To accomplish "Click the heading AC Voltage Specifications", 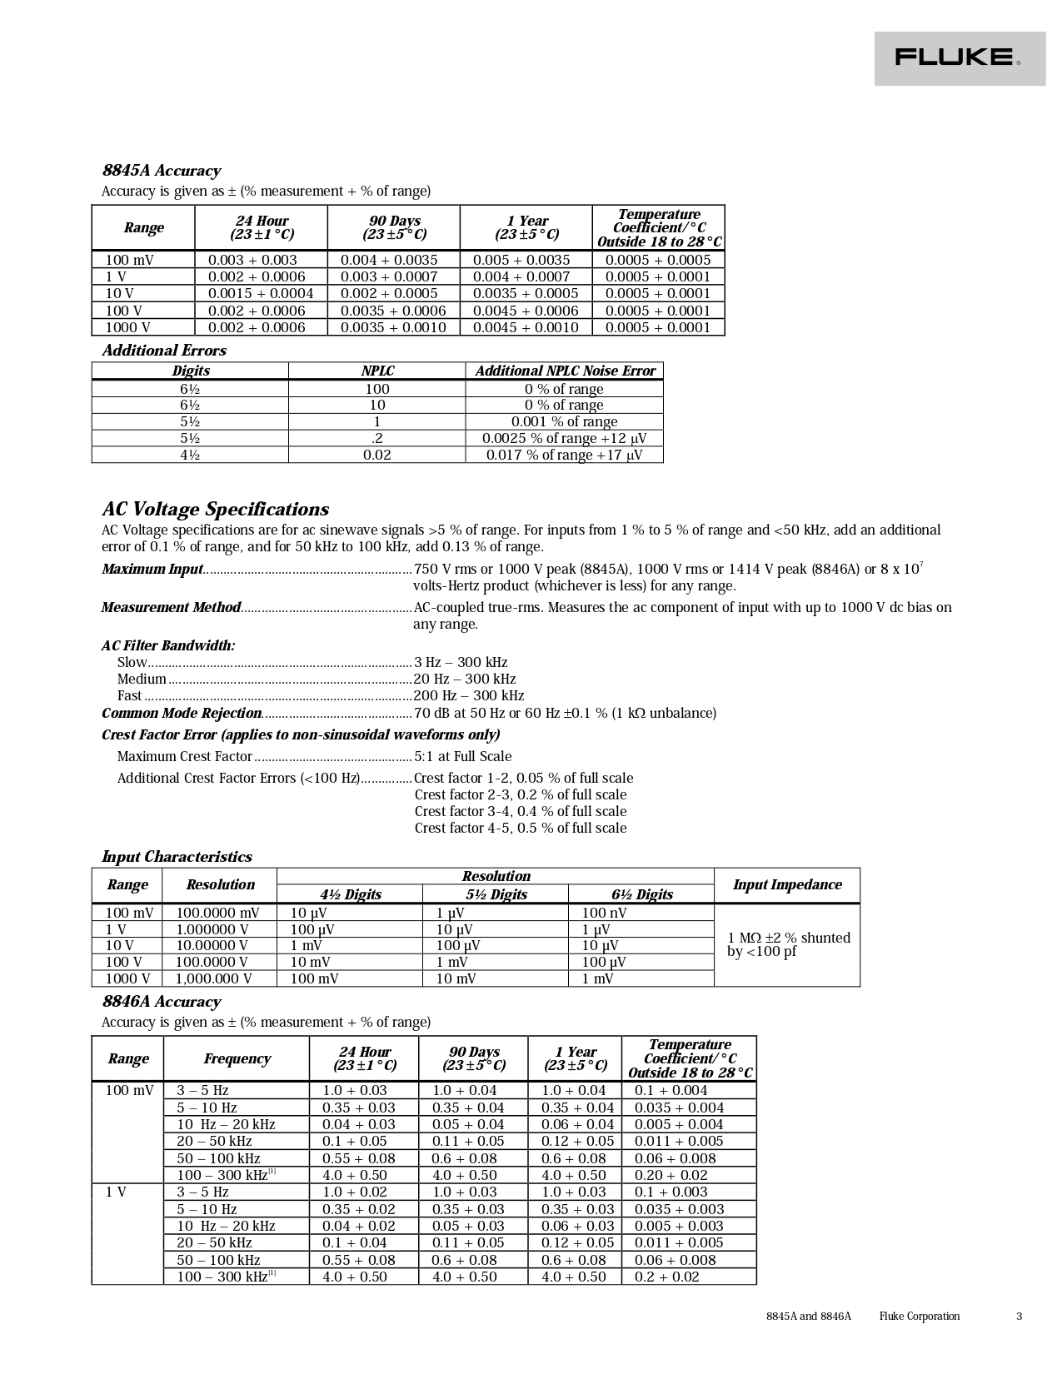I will tap(215, 509).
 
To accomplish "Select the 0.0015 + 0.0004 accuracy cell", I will tap(260, 293).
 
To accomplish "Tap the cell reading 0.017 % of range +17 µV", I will tap(564, 455).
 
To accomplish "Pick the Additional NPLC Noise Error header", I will tap(564, 371).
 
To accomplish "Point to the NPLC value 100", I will tap(376, 388).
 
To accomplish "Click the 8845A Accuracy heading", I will tap(162, 171).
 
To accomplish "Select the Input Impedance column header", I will tap(786, 884).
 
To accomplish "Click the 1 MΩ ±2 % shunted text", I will tap(788, 938).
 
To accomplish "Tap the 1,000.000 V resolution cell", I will tap(213, 978).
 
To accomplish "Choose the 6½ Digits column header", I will tap(641, 894).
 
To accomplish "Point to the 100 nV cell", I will tap(604, 913).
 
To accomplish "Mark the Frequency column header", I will tap(237, 1058).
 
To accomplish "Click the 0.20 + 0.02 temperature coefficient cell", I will tap(671, 1175).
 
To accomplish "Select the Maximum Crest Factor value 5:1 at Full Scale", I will tap(462, 756).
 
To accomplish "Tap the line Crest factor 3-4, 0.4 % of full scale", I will tap(521, 811).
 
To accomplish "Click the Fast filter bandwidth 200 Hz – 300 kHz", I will tap(469, 695).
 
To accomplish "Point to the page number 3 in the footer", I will tap(1019, 1317).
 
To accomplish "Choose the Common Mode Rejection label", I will tap(182, 713).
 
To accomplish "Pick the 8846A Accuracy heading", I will tap(162, 1002).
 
